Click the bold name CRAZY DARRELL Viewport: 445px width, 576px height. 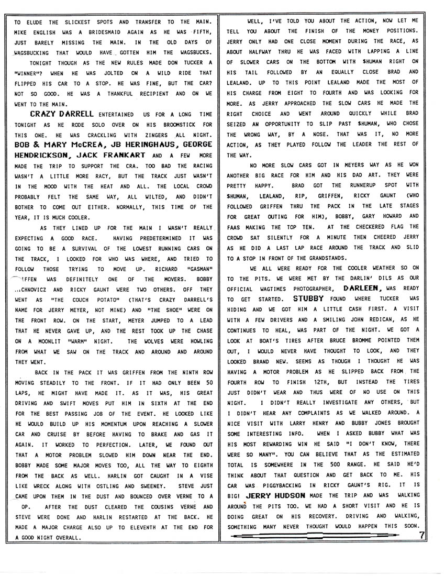62,113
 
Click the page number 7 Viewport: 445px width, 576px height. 422,535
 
